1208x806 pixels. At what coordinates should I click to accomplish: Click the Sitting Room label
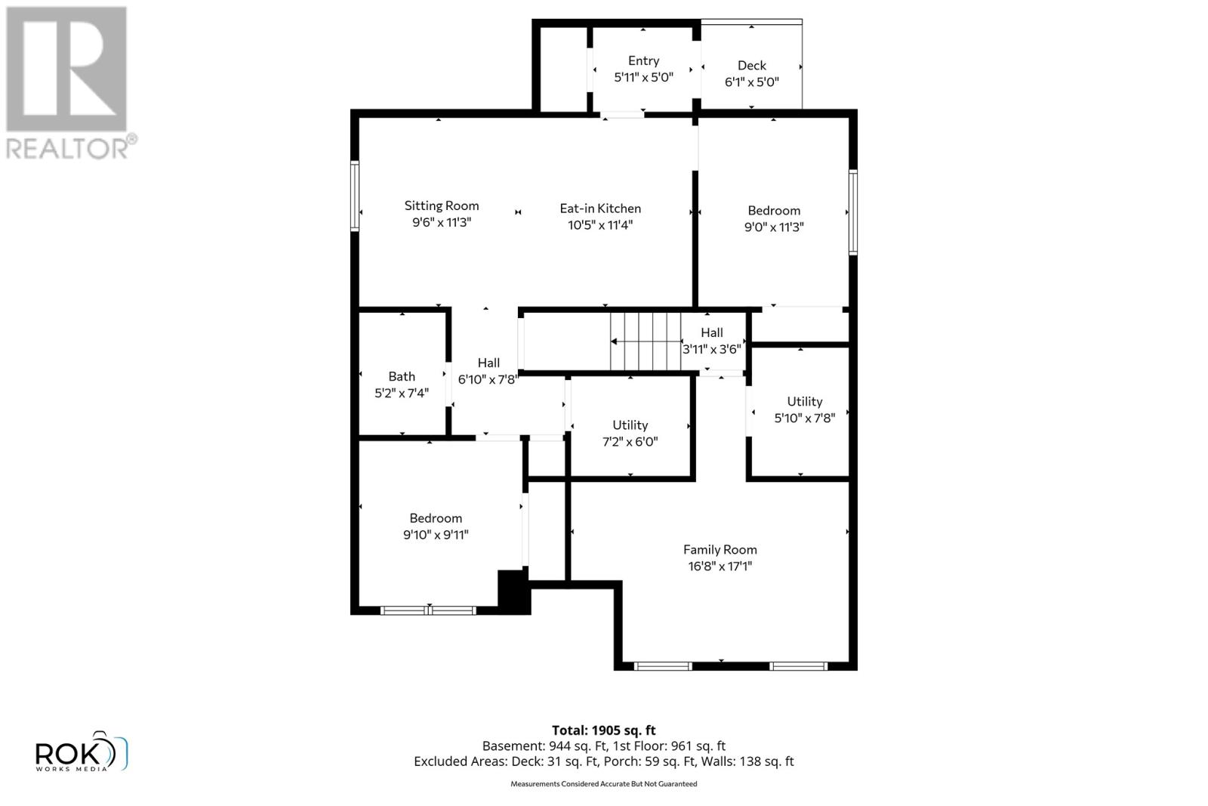click(x=442, y=205)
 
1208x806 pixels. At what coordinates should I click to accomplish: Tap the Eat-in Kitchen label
click(x=600, y=208)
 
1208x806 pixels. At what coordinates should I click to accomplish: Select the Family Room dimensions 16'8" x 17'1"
click(x=720, y=567)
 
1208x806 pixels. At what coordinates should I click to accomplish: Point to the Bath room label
click(x=402, y=376)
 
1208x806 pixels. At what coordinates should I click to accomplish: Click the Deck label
click(x=751, y=66)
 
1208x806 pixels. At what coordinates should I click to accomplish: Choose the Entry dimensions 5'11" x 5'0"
click(x=643, y=77)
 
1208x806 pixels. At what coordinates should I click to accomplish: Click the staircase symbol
click(x=646, y=342)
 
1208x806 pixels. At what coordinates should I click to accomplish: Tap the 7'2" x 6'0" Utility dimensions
click(x=630, y=442)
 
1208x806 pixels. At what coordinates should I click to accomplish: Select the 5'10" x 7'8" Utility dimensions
click(x=804, y=418)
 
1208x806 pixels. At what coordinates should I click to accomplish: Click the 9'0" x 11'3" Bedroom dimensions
click(x=774, y=227)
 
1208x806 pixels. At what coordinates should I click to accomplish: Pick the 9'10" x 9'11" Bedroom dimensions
click(x=436, y=535)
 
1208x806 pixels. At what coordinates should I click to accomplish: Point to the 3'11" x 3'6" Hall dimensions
click(x=712, y=350)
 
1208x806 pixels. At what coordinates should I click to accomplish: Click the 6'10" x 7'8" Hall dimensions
click(x=488, y=379)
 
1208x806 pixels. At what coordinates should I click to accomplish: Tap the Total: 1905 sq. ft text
click(x=603, y=730)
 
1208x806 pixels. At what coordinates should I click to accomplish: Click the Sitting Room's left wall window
click(x=355, y=196)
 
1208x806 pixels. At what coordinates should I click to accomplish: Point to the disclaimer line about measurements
click(x=603, y=784)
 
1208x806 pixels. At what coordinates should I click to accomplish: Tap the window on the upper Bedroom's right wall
click(x=853, y=212)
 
